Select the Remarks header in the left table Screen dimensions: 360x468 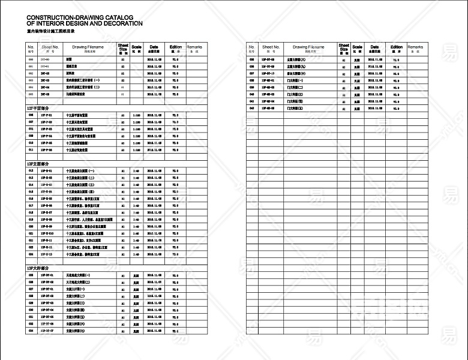tap(194, 47)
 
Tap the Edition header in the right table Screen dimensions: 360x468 tap(397, 47)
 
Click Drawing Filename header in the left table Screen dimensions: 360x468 tap(88, 47)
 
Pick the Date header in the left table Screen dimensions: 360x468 tap(154, 47)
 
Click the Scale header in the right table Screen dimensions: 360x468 tap(358, 47)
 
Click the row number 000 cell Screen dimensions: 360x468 tap(31, 60)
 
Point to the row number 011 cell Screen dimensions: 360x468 tap(31, 150)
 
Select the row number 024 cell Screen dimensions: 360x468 tap(31, 254)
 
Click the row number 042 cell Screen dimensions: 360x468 tap(252, 109)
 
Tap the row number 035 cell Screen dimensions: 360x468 tap(252, 60)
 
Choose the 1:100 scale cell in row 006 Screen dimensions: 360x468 tap(137, 115)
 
